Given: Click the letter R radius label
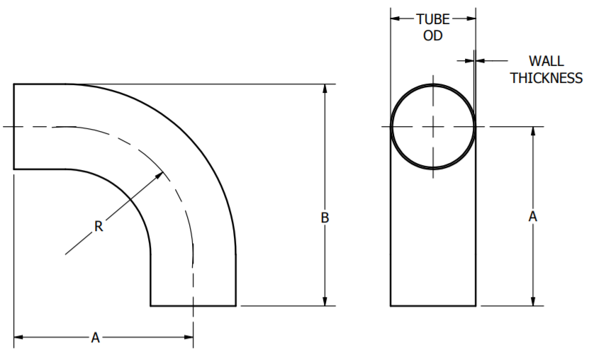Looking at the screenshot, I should [x=99, y=227].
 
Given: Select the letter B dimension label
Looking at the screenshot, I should [x=325, y=218].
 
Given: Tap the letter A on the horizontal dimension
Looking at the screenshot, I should [x=95, y=337].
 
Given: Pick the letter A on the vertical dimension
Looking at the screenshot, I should [x=533, y=217].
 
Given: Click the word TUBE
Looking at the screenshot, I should [x=432, y=19].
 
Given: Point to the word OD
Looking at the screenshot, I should [x=432, y=35].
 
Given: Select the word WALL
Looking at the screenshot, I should [x=546, y=62].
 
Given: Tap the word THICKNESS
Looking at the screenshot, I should [x=546, y=78].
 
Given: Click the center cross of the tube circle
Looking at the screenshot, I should [x=433, y=126].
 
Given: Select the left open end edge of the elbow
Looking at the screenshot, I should [x=14, y=126].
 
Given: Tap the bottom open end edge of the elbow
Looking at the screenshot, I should [x=193, y=305].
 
